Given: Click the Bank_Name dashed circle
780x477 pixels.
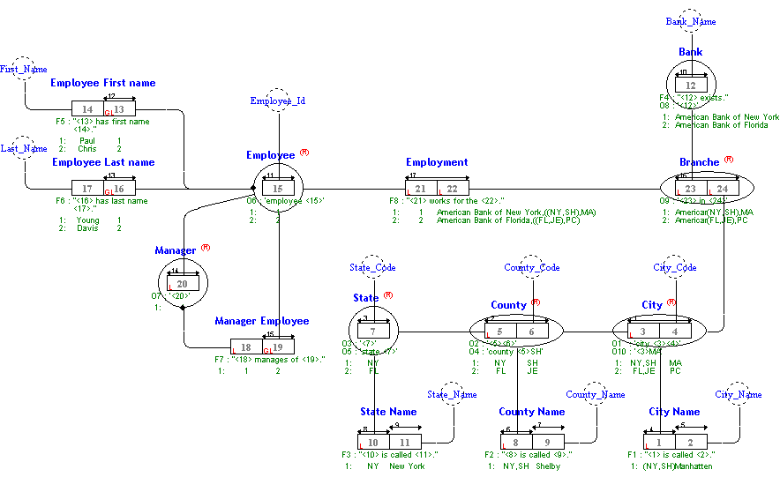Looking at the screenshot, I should (x=691, y=20).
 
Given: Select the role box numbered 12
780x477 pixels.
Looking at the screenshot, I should (x=691, y=86).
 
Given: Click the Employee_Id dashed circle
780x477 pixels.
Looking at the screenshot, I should (x=277, y=101).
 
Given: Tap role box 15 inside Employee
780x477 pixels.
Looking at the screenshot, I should (x=278, y=188).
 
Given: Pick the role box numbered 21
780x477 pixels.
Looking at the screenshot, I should (x=421, y=189).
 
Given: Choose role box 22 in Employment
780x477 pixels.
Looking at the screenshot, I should (x=452, y=189).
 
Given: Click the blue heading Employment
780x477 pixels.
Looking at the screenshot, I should (x=437, y=162).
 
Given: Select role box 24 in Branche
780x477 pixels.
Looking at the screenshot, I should (x=723, y=188).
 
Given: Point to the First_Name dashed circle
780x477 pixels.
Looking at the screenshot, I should (x=24, y=68).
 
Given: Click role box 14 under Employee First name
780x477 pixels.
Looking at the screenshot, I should (x=87, y=108).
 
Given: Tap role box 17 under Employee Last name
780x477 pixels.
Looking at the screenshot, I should (x=87, y=188).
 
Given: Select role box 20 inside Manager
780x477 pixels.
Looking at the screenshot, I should (x=183, y=284).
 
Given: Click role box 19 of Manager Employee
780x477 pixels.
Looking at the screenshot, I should (x=278, y=347).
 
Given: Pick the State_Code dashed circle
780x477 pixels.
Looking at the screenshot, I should (x=372, y=267).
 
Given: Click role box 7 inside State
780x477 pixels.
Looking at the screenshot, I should (x=373, y=331).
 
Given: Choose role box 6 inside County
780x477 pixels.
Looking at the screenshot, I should (x=531, y=331).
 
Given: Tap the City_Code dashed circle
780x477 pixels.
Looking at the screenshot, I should (x=675, y=267).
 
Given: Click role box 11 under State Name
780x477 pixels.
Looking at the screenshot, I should (x=405, y=441).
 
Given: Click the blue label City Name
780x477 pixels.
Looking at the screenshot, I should (x=674, y=412).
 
